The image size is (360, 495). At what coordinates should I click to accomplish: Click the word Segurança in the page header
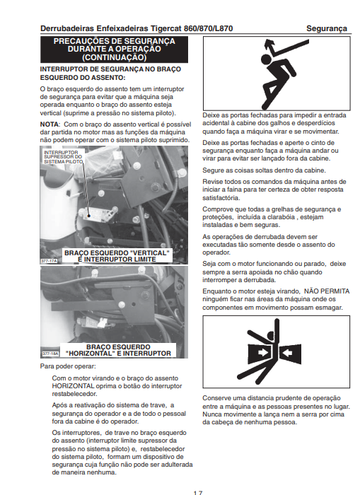pyautogui.click(x=327, y=28)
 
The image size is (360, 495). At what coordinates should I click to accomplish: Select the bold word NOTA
pyautogui.click(x=50, y=124)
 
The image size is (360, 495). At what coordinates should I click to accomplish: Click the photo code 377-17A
pyautogui.click(x=50, y=261)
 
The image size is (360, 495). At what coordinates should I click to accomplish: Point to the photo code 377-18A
pyautogui.click(x=50, y=354)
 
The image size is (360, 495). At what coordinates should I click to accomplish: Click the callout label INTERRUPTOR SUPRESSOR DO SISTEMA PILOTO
pyautogui.click(x=63, y=157)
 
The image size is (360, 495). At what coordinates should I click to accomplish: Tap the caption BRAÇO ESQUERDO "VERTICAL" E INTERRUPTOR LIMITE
pyautogui.click(x=117, y=256)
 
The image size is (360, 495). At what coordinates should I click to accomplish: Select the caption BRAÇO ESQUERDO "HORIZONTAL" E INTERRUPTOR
pyautogui.click(x=118, y=351)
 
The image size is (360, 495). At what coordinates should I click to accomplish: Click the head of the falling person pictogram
pyautogui.click(x=266, y=59)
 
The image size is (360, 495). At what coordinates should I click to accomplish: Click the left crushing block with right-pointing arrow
pyautogui.click(x=260, y=353)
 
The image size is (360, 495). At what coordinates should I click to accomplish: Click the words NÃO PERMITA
pyautogui.click(x=327, y=291)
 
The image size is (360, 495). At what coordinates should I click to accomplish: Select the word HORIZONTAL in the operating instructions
pyautogui.click(x=73, y=386)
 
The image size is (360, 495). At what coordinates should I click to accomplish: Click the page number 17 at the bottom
pyautogui.click(x=198, y=493)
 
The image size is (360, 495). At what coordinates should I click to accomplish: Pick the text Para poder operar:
pyautogui.click(x=68, y=366)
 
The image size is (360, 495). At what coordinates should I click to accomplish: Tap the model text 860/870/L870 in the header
pyautogui.click(x=209, y=28)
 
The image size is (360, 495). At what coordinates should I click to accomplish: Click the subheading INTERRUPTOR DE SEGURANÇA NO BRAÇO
pyautogui.click(x=110, y=69)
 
